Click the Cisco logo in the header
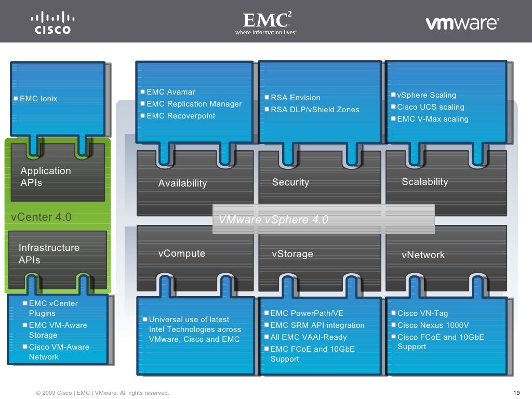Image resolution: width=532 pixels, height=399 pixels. (52, 23)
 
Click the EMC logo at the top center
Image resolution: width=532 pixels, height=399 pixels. (266, 24)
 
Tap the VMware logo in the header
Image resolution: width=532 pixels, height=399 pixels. (462, 23)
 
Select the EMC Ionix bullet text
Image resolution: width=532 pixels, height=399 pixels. (38, 99)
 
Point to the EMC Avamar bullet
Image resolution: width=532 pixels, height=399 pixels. (171, 92)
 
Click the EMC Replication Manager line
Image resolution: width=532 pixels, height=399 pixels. (194, 104)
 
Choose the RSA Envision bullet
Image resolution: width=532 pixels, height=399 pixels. (295, 98)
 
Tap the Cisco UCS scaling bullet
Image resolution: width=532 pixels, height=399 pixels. (430, 107)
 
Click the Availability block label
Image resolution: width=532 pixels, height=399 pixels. (182, 183)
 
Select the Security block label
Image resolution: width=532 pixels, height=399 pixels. (290, 182)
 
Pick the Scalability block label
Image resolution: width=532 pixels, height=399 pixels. (424, 182)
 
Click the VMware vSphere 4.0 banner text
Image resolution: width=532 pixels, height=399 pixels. (273, 220)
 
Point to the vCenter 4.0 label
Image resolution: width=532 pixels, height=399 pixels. (41, 217)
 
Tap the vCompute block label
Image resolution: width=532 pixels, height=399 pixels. (181, 254)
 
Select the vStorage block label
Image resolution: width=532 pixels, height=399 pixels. (292, 254)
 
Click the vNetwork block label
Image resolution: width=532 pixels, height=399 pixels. (423, 255)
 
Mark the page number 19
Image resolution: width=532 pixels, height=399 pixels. (516, 393)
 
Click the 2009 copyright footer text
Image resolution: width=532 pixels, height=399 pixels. (102, 393)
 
